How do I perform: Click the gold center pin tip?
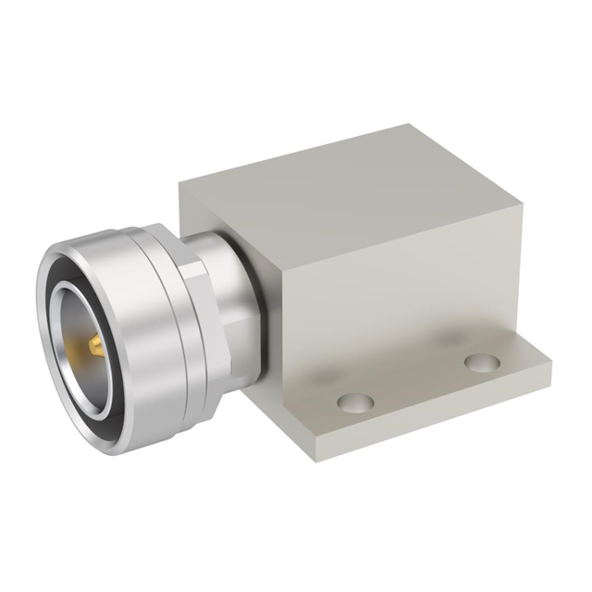click(x=92, y=348)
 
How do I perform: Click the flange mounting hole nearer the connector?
click(x=355, y=402)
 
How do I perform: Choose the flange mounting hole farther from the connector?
click(x=482, y=361)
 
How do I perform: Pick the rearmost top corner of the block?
click(x=432, y=125)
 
